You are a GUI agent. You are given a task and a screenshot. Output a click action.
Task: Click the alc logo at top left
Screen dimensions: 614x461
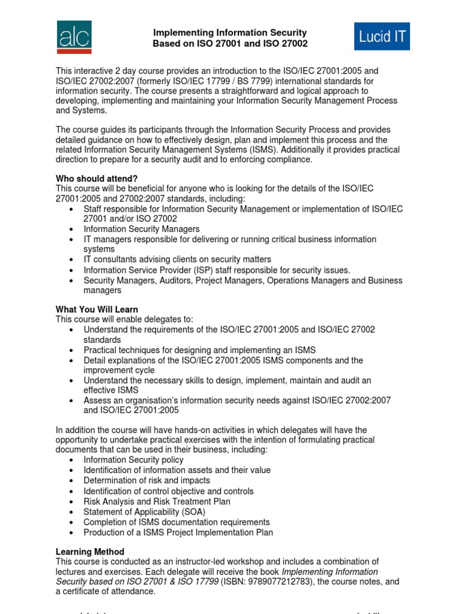pos(74,37)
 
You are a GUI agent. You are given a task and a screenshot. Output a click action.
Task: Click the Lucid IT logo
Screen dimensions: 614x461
pos(382,37)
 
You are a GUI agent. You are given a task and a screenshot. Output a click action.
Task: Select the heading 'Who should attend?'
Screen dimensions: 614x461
pos(97,178)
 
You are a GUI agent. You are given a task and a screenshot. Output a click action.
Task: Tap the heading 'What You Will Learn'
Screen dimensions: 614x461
pos(97,309)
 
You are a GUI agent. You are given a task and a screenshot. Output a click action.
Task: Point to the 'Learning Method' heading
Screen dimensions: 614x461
pos(90,552)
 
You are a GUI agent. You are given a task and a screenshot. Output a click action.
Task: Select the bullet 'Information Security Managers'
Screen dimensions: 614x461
pos(142,229)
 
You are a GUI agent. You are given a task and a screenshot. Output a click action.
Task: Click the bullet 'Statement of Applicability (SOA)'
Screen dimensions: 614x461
pos(144,512)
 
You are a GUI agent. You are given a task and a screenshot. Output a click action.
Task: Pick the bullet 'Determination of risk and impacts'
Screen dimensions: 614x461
pos(147,480)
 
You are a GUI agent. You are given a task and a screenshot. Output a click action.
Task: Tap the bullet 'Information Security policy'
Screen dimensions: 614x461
pos(134,460)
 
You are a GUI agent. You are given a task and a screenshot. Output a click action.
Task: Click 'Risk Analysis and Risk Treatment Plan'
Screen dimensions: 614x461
pos(157,501)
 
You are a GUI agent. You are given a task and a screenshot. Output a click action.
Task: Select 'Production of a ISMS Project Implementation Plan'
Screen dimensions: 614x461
pos(178,532)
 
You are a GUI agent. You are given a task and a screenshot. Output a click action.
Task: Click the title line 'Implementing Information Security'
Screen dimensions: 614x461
pos(230,33)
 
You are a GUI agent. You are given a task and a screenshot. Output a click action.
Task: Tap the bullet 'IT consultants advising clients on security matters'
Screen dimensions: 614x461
pos(178,259)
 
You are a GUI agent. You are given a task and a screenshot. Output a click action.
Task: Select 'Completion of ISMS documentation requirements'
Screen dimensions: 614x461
pos(176,522)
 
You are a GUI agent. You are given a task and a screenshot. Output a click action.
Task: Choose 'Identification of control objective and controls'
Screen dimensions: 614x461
pos(169,491)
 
